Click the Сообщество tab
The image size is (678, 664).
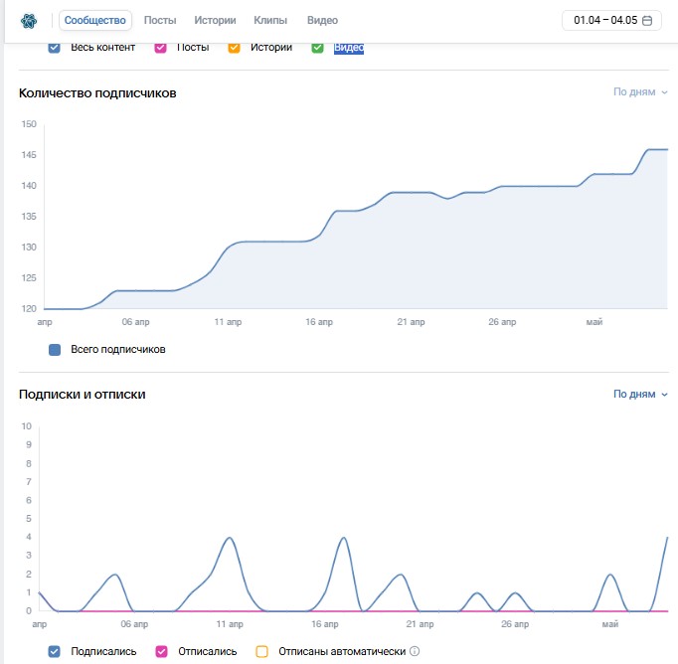pyautogui.click(x=95, y=20)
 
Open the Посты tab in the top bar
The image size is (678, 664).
pyautogui.click(x=160, y=20)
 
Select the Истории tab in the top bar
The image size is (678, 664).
pyautogui.click(x=215, y=20)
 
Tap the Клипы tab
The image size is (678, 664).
pyautogui.click(x=270, y=20)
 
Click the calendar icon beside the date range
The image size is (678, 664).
pyautogui.click(x=647, y=20)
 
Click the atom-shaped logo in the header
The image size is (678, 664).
pyautogui.click(x=29, y=20)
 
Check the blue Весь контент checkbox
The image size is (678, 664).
pyautogui.click(x=54, y=47)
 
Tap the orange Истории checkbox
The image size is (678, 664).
pyautogui.click(x=234, y=47)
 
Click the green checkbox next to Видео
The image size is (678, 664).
pyautogui.click(x=317, y=47)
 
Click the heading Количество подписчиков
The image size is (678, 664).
pyautogui.click(x=97, y=93)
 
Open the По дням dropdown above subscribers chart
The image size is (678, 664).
pyautogui.click(x=640, y=92)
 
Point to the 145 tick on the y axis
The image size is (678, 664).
pyautogui.click(x=29, y=155)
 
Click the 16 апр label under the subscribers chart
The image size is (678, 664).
pyautogui.click(x=319, y=322)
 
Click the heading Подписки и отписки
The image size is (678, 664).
pyautogui.click(x=83, y=395)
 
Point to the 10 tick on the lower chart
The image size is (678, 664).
pyautogui.click(x=27, y=426)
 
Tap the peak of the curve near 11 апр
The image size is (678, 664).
pyautogui.click(x=230, y=538)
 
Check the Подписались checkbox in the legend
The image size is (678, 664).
pyautogui.click(x=54, y=651)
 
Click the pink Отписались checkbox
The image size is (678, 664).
pyautogui.click(x=161, y=651)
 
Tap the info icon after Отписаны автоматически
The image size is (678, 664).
pyautogui.click(x=415, y=651)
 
